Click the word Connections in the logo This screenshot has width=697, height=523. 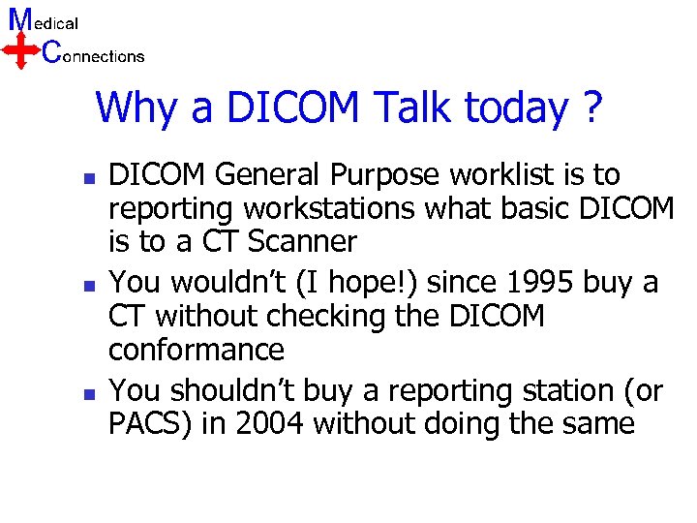coord(94,55)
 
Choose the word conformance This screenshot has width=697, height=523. coord(197,350)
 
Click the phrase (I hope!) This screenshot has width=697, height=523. coord(370,283)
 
